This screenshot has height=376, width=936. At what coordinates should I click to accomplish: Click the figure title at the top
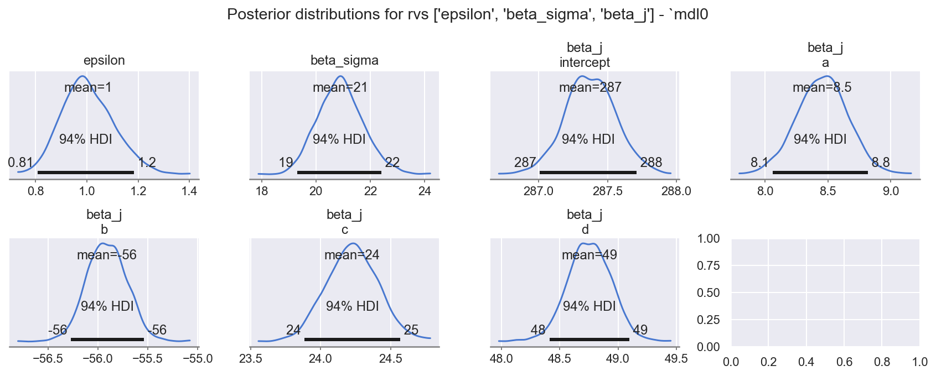pyautogui.click(x=468, y=15)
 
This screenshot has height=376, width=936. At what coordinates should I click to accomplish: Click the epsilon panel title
pyautogui.click(x=104, y=60)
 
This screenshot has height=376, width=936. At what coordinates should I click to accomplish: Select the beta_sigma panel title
pyautogui.click(x=344, y=60)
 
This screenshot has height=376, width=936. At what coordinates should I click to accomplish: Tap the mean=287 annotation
pyautogui.click(x=590, y=87)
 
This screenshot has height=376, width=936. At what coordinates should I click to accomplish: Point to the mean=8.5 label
pyautogui.click(x=822, y=87)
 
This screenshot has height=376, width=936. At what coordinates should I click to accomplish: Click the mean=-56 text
pyautogui.click(x=107, y=255)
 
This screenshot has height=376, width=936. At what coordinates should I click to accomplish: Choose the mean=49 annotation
pyautogui.click(x=589, y=255)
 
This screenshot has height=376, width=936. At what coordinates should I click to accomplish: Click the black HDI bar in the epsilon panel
pyautogui.click(x=86, y=173)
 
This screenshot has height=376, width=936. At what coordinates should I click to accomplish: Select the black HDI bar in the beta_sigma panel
pyautogui.click(x=339, y=173)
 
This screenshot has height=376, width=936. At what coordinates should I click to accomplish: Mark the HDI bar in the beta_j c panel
pyautogui.click(x=352, y=339)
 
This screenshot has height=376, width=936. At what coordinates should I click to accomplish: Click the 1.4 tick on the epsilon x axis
pyautogui.click(x=189, y=191)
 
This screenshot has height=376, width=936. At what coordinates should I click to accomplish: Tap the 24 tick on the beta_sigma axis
pyautogui.click(x=425, y=191)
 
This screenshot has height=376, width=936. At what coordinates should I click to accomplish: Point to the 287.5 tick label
pyautogui.click(x=607, y=191)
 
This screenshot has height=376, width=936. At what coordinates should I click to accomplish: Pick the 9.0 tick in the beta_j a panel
pyautogui.click(x=890, y=191)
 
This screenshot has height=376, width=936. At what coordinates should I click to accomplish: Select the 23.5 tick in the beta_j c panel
pyautogui.click(x=251, y=358)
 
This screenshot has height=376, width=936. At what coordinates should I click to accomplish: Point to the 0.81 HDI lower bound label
pyautogui.click(x=20, y=163)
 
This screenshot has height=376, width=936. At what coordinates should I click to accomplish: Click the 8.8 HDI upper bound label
pyautogui.click(x=881, y=163)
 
